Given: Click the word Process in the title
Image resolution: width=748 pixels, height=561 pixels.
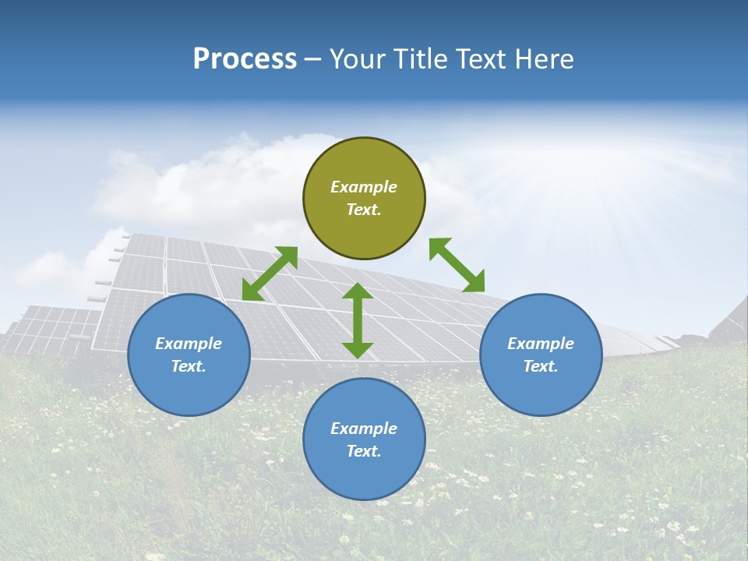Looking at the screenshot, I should point(245,59).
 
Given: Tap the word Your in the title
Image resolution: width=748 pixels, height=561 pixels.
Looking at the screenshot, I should point(358,59).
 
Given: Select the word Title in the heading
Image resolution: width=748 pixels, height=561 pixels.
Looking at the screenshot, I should point(422,59).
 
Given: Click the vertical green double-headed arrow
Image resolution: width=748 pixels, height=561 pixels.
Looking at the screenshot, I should point(358,321).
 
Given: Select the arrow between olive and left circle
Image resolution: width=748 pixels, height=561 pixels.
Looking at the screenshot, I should point(270,273).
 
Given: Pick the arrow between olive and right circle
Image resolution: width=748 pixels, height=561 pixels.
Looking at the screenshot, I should point(457,266).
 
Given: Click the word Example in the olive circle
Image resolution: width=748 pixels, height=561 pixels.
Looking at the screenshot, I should point(364,187).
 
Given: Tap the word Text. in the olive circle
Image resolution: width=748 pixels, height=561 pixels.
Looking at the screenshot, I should point(364,210).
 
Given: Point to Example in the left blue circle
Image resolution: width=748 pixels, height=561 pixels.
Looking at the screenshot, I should point(189,344).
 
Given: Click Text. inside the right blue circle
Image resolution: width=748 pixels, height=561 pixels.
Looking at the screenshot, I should point(541,366).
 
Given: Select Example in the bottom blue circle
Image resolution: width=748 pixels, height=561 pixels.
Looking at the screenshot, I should point(364,429).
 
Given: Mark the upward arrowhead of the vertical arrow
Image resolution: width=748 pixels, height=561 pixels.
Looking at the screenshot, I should point(358,291).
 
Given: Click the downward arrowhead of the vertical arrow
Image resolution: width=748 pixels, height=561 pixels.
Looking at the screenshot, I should point(358,350).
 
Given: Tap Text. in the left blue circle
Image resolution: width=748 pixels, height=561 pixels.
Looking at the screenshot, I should point(189,366).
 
